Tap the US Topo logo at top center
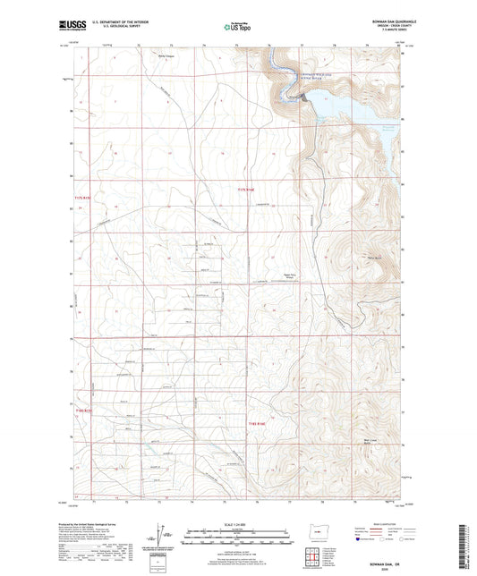pos(236,28)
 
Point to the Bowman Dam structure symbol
pos(308,99)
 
